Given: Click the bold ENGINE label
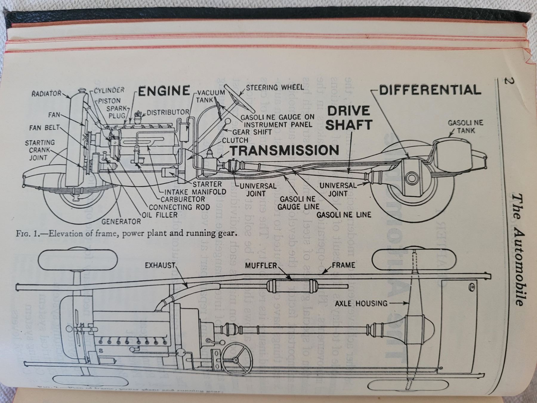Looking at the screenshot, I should (164, 91).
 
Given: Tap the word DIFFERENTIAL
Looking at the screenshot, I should (430, 90).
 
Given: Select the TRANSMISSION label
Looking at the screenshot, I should (284, 150).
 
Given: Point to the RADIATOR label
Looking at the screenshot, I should (46, 94).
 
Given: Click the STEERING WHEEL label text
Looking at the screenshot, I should (275, 87).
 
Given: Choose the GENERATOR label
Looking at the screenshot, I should (121, 222).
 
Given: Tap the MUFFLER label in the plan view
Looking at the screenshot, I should (261, 265).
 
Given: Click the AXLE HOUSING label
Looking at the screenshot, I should (361, 304).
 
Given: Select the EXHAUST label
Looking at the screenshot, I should (160, 265).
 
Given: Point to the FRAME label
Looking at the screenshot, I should (343, 265).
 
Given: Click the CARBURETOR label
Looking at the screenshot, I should (183, 199).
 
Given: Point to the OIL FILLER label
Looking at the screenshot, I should (160, 214).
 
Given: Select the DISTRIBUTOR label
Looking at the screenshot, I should (168, 112).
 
